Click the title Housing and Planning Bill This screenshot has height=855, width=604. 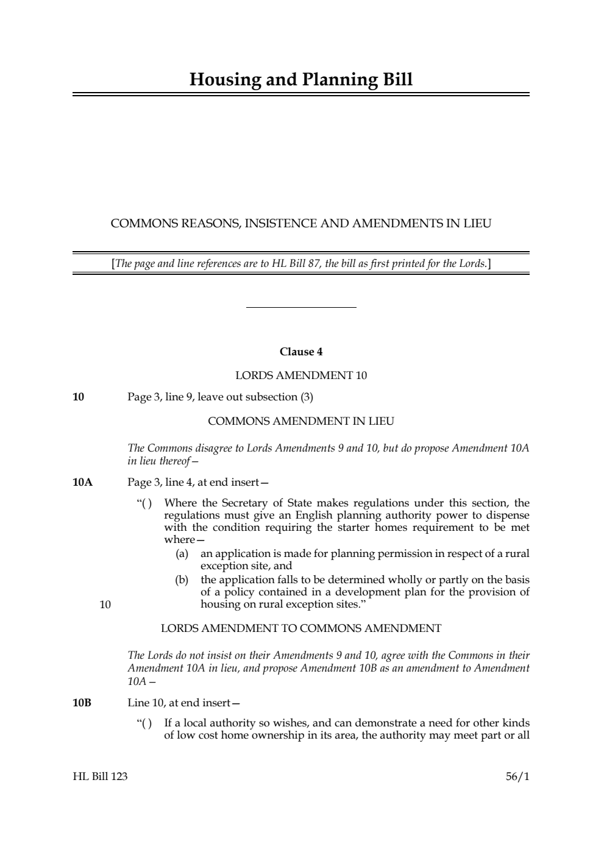pos(300,80)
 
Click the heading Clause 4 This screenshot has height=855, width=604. pos(300,352)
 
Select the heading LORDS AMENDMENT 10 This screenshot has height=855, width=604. pos(300,375)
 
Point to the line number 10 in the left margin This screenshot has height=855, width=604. pos(105,605)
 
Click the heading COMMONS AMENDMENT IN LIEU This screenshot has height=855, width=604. pos(300,421)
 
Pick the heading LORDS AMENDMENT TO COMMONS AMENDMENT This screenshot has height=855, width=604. pos(300,628)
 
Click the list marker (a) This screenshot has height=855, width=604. pos(182,553)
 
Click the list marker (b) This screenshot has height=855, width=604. pos(182,580)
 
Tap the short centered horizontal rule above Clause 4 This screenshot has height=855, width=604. pos(300,308)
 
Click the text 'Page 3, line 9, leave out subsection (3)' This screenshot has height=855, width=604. pos(220,397)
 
